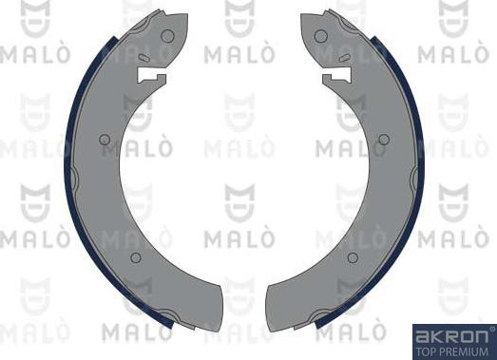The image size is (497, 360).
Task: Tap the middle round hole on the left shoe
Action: [105, 140]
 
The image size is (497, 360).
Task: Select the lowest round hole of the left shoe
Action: [135, 257]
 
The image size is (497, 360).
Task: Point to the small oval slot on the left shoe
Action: [143, 58]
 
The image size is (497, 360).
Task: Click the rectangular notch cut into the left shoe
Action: [153, 75]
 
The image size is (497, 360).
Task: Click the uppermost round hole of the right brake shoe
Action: [322, 35]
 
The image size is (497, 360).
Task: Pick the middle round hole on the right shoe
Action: [384, 140]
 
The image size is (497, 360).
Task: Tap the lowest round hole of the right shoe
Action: [354, 257]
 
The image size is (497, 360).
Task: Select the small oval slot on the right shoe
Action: [346, 58]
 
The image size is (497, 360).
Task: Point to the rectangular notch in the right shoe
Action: [336, 75]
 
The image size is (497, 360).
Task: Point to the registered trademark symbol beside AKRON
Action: [490, 329]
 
